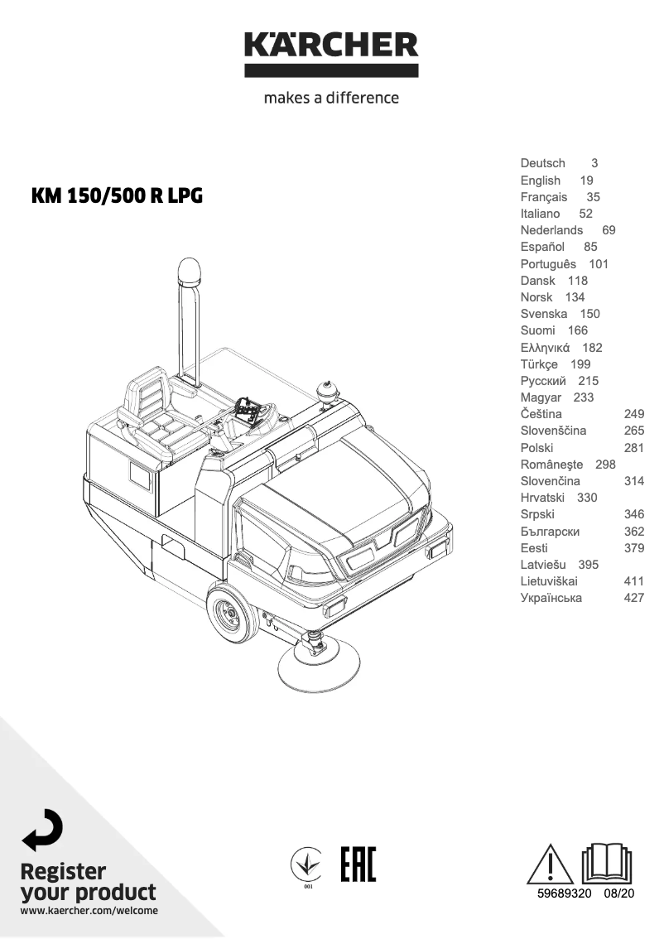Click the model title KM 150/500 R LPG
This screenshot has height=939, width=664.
coord(117,197)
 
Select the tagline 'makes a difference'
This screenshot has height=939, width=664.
coord(331,98)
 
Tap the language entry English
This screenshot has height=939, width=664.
coord(541,181)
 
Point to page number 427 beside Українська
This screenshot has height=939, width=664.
coord(633,598)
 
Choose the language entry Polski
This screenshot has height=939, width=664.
coord(536,448)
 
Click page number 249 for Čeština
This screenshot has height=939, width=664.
coord(633,414)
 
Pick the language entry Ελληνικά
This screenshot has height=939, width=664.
coord(545,348)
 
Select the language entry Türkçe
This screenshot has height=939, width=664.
coord(539,364)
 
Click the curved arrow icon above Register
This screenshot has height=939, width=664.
coord(41,830)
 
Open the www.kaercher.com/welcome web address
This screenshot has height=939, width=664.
coord(89,911)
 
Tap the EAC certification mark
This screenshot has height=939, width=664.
coord(358,864)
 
